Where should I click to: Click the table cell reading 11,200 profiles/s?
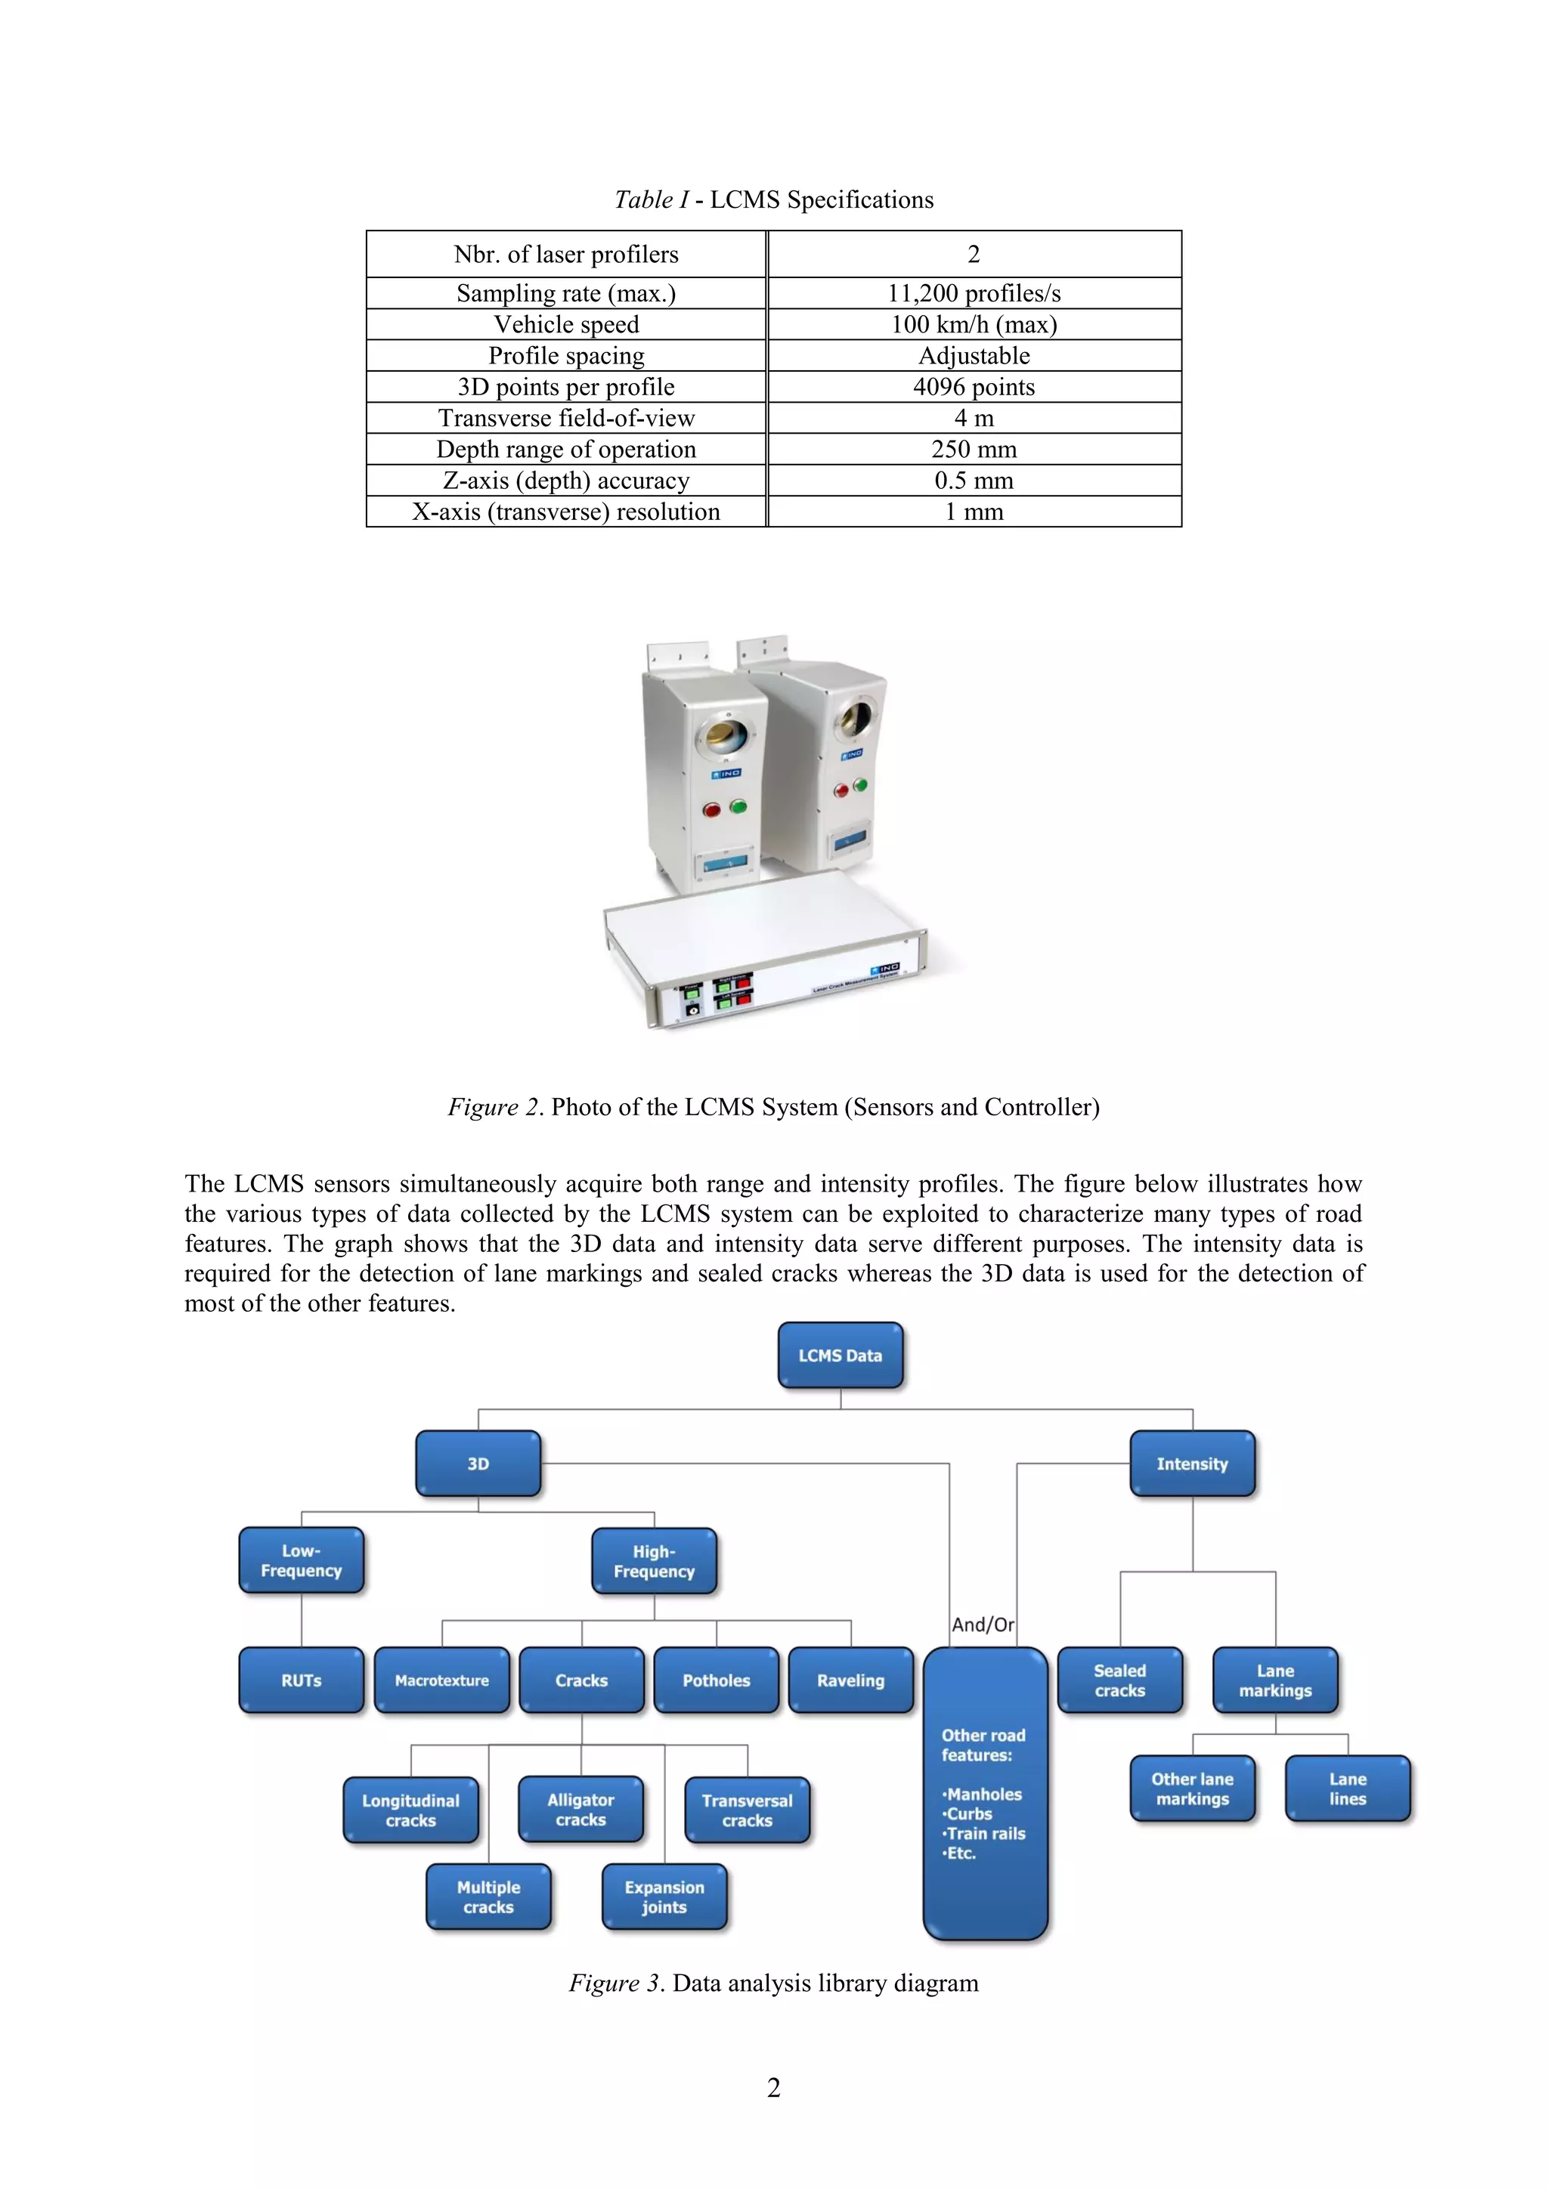(974, 292)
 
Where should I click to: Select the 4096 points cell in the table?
(974, 386)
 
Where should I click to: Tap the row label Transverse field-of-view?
(567, 418)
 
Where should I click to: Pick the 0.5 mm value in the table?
(974, 480)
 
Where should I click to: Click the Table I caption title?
(773, 199)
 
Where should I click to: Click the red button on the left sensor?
(711, 810)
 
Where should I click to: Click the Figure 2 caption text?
(773, 1107)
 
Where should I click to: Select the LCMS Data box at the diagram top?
(841, 1355)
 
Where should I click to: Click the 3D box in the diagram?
(478, 1464)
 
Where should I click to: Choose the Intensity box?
(1192, 1464)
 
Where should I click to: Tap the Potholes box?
(717, 1680)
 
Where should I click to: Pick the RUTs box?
(302, 1680)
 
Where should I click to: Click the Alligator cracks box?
(580, 1810)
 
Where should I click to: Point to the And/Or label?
(983, 1625)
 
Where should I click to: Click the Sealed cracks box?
(1119, 1680)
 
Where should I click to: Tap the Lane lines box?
(1348, 1789)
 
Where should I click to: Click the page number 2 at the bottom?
(773, 2088)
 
